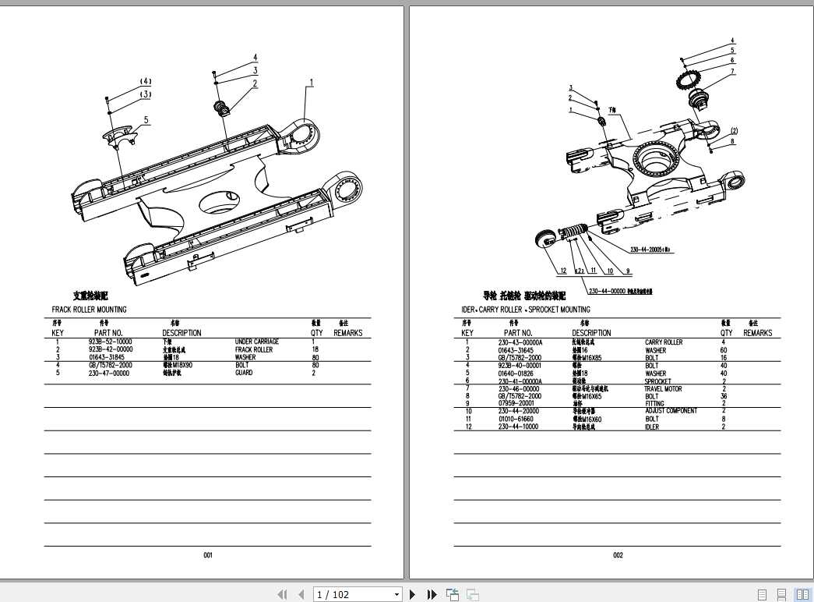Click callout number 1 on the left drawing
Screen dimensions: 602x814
coord(311,82)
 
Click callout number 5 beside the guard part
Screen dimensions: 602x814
coord(146,120)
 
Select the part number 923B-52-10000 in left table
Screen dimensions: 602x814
coord(110,342)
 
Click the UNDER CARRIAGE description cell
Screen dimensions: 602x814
coord(256,342)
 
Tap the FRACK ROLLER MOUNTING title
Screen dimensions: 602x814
coord(89,310)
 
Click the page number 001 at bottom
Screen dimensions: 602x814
coord(208,555)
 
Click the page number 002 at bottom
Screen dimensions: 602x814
coord(618,555)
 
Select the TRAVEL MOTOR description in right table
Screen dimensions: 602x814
coord(663,388)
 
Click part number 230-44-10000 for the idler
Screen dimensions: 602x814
coord(518,427)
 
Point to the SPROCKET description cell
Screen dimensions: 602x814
coord(658,381)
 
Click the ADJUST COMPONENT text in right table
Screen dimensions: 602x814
coord(671,411)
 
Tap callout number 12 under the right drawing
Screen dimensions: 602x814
coord(562,271)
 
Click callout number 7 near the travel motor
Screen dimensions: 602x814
coord(732,72)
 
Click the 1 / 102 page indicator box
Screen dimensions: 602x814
coord(357,595)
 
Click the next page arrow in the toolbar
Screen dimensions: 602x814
coord(413,595)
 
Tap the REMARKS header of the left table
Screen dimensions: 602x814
coord(347,333)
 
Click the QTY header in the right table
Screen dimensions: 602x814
coord(726,333)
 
